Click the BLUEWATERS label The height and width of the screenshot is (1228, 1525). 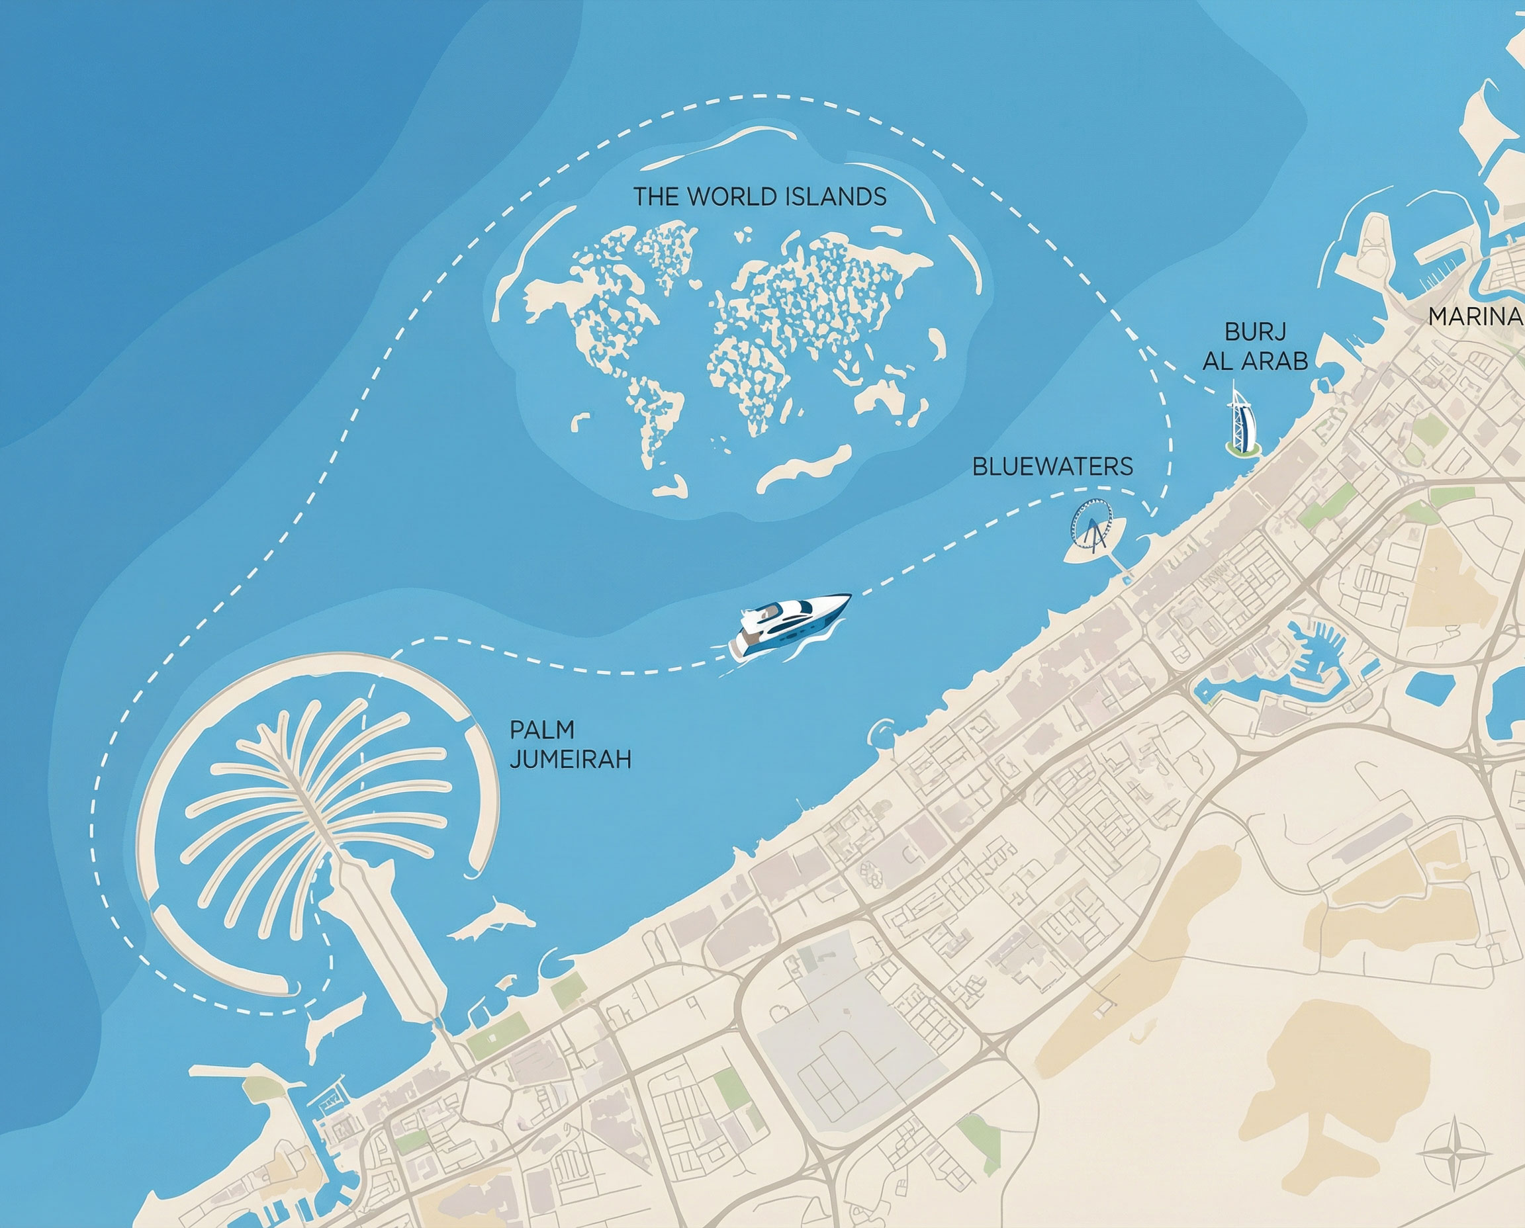(x=1052, y=467)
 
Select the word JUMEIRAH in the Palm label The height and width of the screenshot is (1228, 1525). (x=571, y=760)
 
